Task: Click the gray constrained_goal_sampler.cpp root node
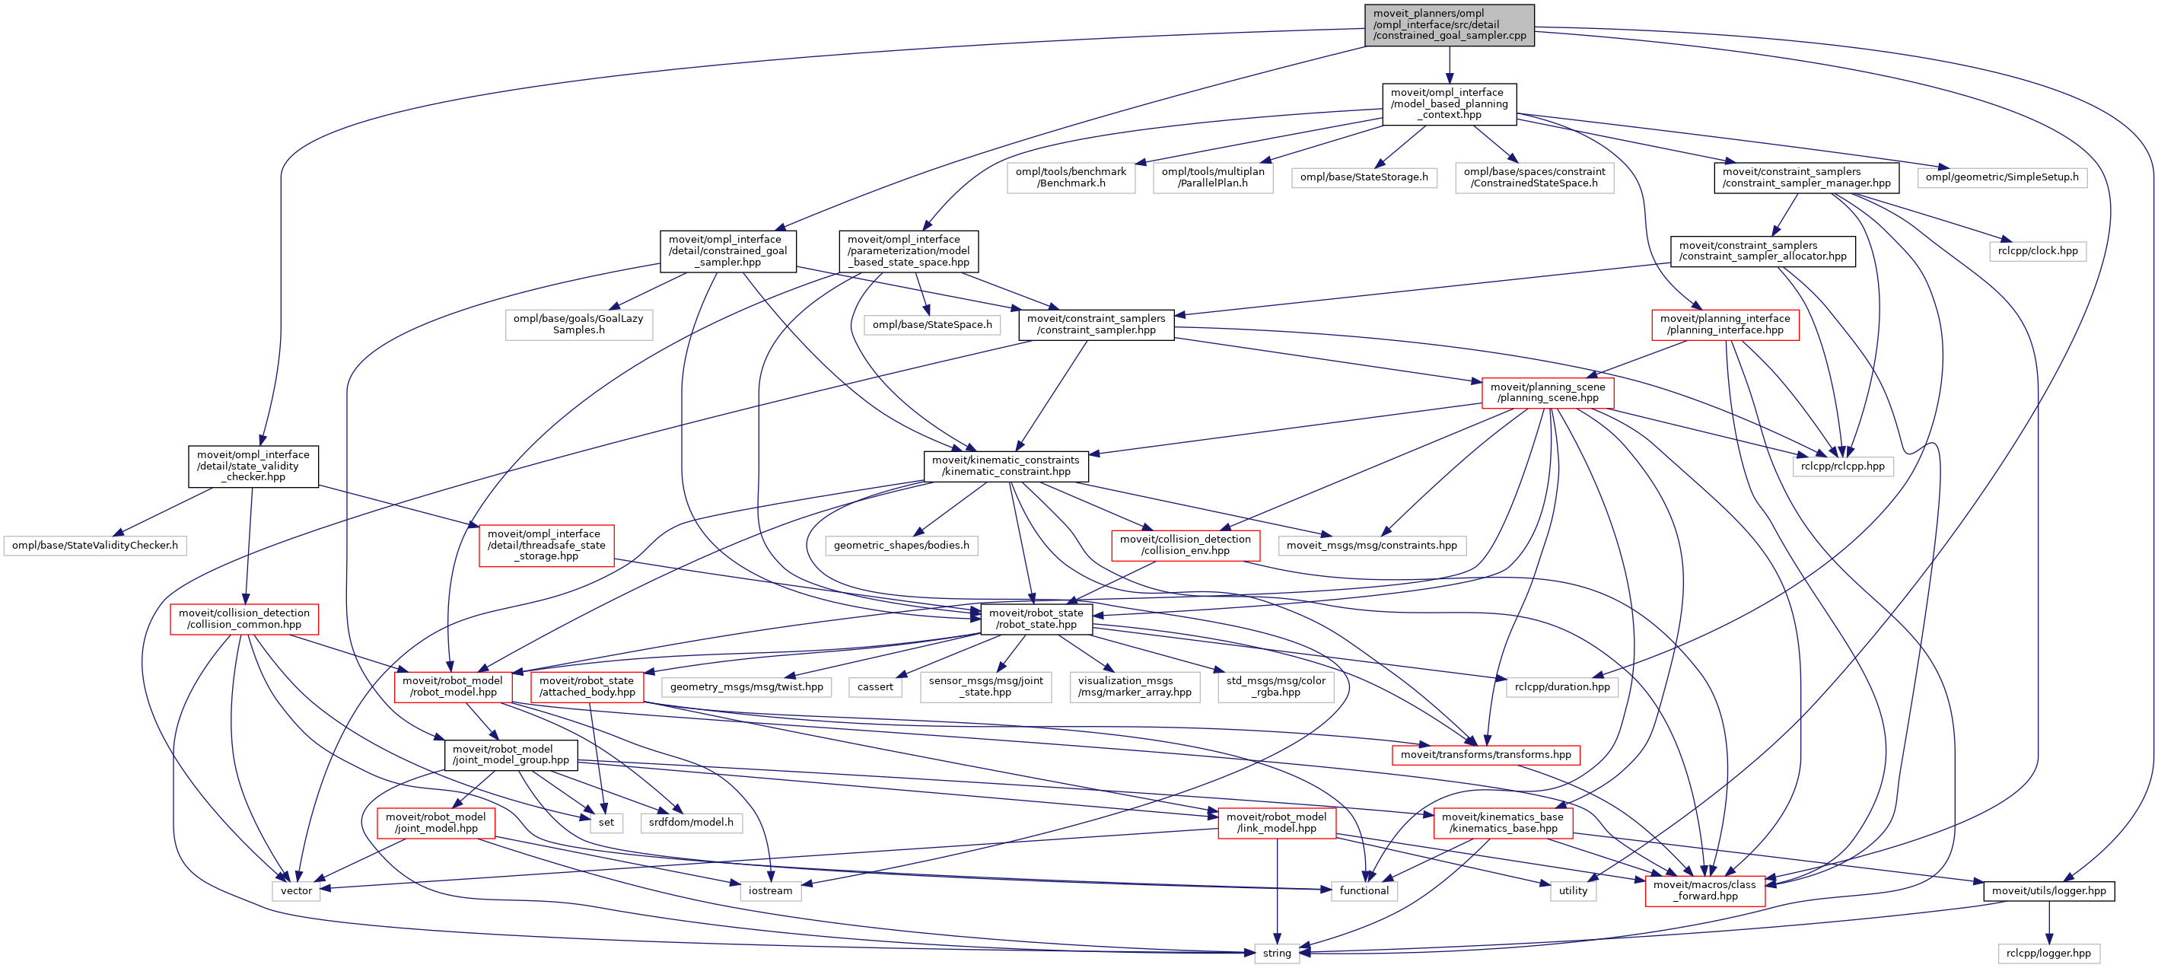[x=1450, y=25]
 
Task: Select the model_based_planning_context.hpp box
[x=1450, y=104]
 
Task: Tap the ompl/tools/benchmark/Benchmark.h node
[x=1071, y=177]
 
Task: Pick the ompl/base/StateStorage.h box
[x=1364, y=177]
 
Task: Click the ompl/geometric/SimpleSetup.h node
[x=2001, y=177]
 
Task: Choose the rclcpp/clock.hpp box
[x=2037, y=250]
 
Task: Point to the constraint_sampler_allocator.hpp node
[x=1762, y=250]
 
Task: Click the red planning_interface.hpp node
[x=1725, y=324]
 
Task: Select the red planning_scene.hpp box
[x=1547, y=392]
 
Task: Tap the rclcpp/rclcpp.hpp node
[x=1842, y=466]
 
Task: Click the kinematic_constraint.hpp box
[x=1005, y=466]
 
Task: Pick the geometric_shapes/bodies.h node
[x=902, y=546]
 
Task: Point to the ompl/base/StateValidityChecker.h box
[x=94, y=546]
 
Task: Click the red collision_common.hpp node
[x=243, y=619]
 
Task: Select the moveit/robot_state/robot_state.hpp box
[x=1036, y=619]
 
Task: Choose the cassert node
[x=875, y=687]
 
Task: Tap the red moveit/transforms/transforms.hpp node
[x=1485, y=755]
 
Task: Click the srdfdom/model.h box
[x=690, y=823]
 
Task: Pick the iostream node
[x=770, y=891]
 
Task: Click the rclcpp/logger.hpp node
[x=2048, y=954]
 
